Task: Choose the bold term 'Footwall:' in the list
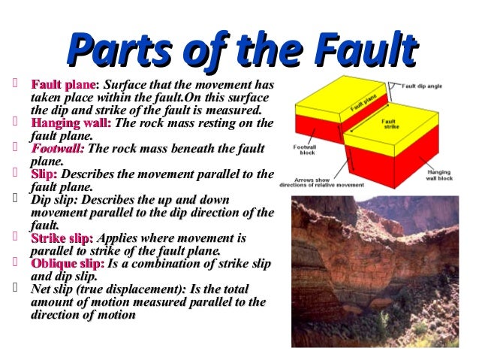coord(57,149)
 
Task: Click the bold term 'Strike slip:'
coord(62,238)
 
